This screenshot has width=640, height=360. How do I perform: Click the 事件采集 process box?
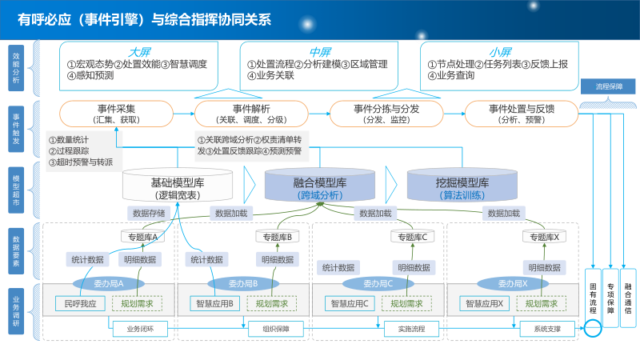[x=116, y=114]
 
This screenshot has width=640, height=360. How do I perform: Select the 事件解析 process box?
[x=251, y=114]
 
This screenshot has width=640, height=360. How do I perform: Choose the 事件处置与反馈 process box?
[x=522, y=114]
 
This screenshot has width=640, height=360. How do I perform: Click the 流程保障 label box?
[x=614, y=86]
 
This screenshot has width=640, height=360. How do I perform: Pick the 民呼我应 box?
[x=80, y=303]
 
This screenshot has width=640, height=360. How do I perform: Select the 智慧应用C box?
[x=350, y=303]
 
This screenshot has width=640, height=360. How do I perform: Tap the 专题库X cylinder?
[x=544, y=237]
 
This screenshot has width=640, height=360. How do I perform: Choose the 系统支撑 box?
[x=538, y=328]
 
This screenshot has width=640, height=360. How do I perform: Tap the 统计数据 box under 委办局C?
[x=336, y=267]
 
